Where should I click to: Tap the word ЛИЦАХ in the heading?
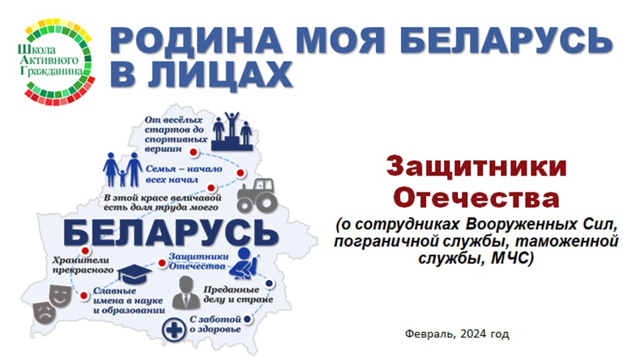click(219, 74)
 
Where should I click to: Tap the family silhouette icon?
click(122, 169)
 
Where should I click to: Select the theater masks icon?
click(52, 303)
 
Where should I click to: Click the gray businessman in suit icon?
click(186, 293)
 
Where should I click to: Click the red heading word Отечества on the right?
click(476, 198)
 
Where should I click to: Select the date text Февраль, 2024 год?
click(457, 334)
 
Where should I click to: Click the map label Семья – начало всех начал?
click(184, 174)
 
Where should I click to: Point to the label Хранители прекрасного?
click(81, 264)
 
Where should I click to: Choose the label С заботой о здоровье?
click(215, 324)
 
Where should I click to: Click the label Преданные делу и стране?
click(238, 295)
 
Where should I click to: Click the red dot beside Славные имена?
click(84, 296)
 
